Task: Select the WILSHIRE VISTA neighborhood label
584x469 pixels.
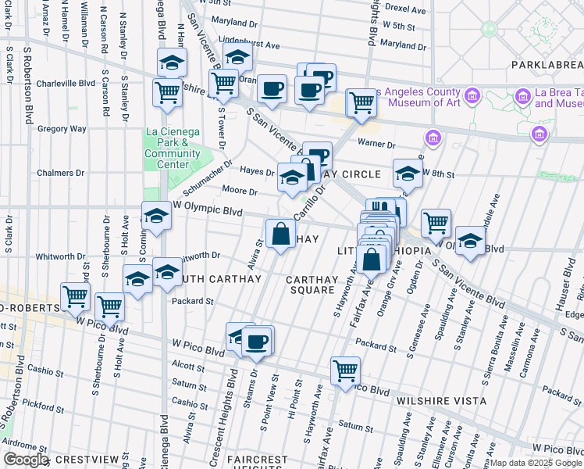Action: click(441, 401)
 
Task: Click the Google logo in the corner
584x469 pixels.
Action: click(26, 460)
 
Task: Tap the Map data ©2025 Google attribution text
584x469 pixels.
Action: click(536, 463)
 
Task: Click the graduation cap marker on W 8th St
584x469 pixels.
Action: click(407, 173)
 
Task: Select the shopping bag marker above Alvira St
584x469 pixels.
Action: click(280, 233)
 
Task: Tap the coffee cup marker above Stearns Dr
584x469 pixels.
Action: click(257, 341)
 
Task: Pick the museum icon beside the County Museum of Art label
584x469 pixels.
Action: click(471, 96)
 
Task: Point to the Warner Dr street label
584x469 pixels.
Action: click(377, 143)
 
